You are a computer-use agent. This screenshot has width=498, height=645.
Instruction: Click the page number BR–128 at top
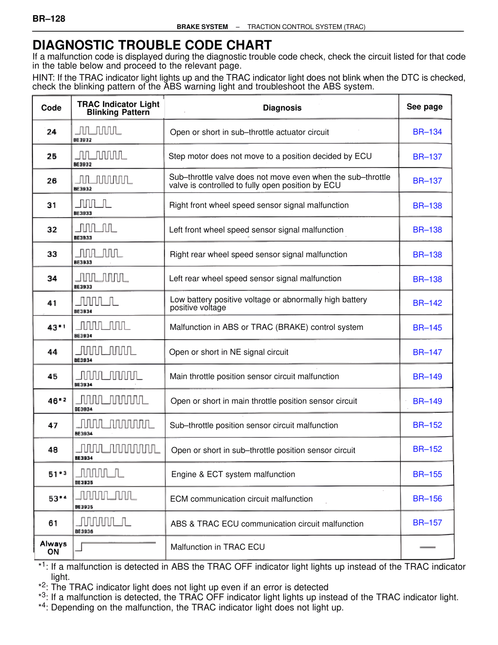[49, 19]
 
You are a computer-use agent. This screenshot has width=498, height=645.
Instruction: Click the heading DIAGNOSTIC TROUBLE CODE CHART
[152, 45]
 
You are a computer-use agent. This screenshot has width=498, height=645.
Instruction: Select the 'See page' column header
[424, 107]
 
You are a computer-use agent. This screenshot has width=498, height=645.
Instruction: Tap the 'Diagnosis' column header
[282, 108]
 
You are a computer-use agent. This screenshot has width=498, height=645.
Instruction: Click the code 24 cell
[52, 132]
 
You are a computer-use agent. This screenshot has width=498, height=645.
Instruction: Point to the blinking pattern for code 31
[93, 204]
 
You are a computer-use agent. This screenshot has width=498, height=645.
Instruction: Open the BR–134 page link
[427, 132]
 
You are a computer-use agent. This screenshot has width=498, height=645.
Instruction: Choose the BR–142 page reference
[427, 303]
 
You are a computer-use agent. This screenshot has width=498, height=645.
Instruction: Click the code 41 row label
[52, 303]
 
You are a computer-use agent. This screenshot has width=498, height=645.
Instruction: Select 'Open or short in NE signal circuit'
[229, 352]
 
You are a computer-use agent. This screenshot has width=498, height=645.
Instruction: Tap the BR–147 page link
[427, 352]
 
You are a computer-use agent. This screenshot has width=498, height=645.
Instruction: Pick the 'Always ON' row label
[53, 548]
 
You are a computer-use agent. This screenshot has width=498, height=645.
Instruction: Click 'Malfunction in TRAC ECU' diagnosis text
[217, 547]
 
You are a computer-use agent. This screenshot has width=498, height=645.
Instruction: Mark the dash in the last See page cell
[428, 547]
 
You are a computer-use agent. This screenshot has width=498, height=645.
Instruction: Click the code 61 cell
[53, 523]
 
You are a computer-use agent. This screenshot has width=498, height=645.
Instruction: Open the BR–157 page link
[427, 523]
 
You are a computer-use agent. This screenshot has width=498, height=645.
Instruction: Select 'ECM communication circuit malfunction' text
[241, 499]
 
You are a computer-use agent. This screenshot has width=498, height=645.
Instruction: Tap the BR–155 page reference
[427, 474]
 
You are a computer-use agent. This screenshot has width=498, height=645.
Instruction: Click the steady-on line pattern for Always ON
[117, 544]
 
